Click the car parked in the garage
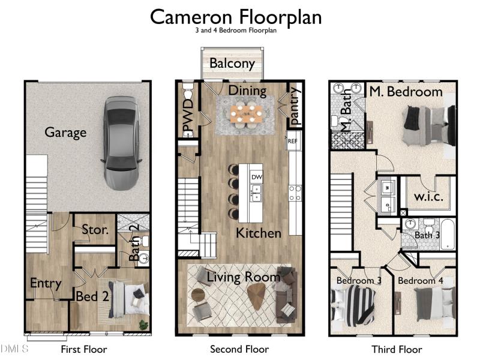pyautogui.click(x=121, y=143)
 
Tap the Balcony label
pyautogui.click(x=232, y=64)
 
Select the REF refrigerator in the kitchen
pyautogui.click(x=293, y=141)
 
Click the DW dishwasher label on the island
pyautogui.click(x=257, y=177)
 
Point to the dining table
pyautogui.click(x=247, y=114)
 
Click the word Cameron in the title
pyautogui.click(x=191, y=17)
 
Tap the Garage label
pyautogui.click(x=65, y=133)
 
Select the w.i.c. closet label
pyautogui.click(x=428, y=197)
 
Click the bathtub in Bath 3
pyautogui.click(x=447, y=234)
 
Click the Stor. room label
pyautogui.click(x=95, y=230)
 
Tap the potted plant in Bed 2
pyautogui.click(x=143, y=325)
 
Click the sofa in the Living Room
pyautogui.click(x=286, y=295)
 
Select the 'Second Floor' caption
pyautogui.click(x=239, y=349)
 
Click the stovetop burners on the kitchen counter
pyautogui.click(x=295, y=193)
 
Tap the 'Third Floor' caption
pyautogui.click(x=397, y=349)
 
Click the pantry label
pyautogui.click(x=294, y=106)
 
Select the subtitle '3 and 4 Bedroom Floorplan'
pyautogui.click(x=236, y=31)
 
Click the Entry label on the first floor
pyautogui.click(x=46, y=283)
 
